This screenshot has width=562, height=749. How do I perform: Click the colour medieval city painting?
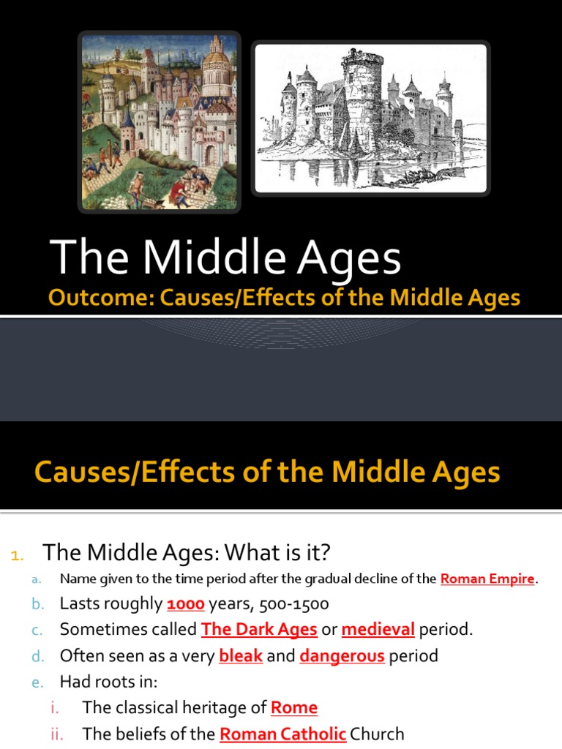159,121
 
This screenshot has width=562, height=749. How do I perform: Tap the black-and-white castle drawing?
371,118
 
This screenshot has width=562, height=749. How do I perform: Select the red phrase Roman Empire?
487,579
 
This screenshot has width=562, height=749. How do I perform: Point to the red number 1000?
186,604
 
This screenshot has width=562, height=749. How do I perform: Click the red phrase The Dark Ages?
259,629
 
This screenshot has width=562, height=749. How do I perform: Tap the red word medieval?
378,629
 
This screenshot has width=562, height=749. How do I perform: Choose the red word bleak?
241,655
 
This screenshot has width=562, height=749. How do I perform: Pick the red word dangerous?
342,655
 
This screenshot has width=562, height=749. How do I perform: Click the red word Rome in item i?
294,707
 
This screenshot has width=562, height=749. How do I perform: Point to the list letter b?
37,605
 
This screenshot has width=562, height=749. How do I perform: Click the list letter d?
37,656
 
